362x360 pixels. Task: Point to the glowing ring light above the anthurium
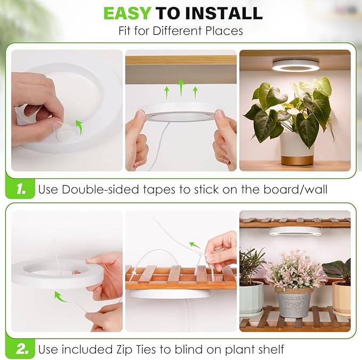point(294,65)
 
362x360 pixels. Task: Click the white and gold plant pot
point(297,148)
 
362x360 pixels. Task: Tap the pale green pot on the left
point(251,298)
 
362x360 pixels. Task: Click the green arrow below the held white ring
point(61,296)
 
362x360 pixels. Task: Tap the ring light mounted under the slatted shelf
point(294,231)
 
